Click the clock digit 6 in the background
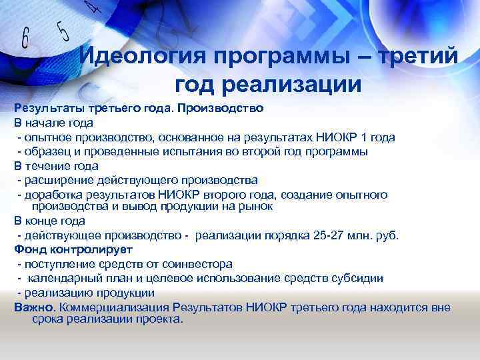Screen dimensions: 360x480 (25, 38)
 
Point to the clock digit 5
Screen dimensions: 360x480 (63, 31)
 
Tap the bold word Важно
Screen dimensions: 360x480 (34, 307)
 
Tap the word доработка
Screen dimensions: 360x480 (55, 194)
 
